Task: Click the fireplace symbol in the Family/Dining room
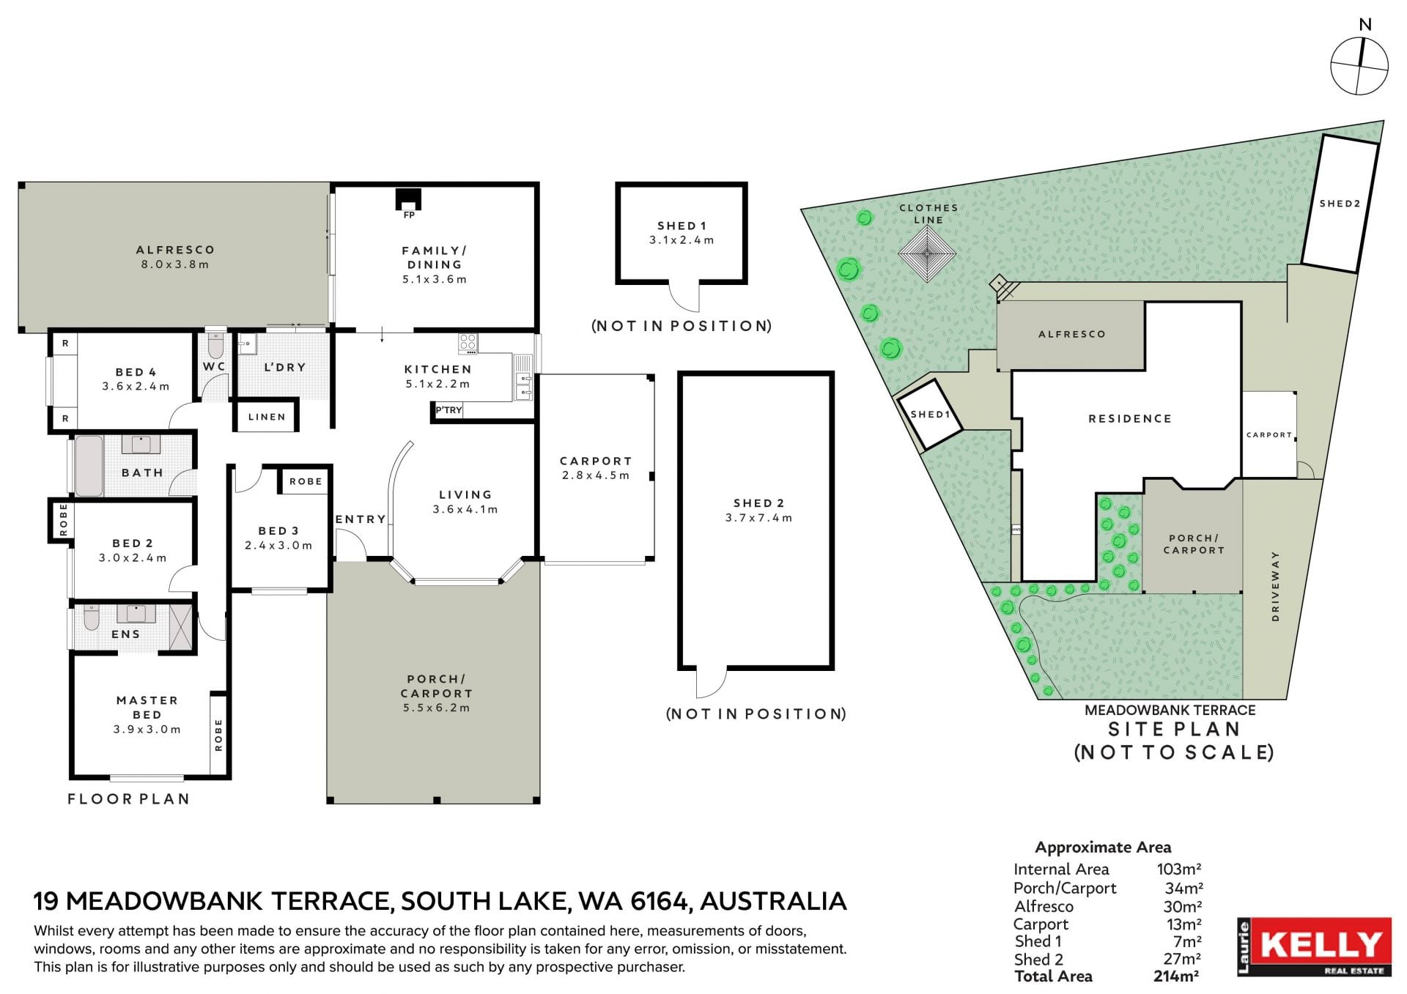(x=409, y=199)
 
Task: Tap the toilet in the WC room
(x=215, y=344)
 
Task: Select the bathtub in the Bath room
(x=89, y=465)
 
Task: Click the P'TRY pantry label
(x=448, y=410)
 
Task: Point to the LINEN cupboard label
(x=267, y=417)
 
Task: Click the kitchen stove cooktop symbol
(x=468, y=342)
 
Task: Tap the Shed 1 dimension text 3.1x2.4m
(x=682, y=240)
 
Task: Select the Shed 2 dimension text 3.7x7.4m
(x=758, y=518)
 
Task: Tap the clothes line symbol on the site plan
(x=927, y=254)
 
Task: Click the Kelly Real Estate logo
(x=1314, y=946)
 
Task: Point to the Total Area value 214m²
(x=1176, y=976)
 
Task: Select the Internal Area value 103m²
(x=1179, y=869)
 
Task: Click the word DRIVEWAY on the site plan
(x=1275, y=586)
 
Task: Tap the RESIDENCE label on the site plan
(x=1130, y=419)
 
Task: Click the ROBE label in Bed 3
(x=306, y=481)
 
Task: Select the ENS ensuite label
(x=125, y=634)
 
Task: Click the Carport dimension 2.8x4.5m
(x=596, y=475)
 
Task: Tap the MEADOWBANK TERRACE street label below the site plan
(x=1170, y=710)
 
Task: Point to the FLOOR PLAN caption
(x=128, y=799)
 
